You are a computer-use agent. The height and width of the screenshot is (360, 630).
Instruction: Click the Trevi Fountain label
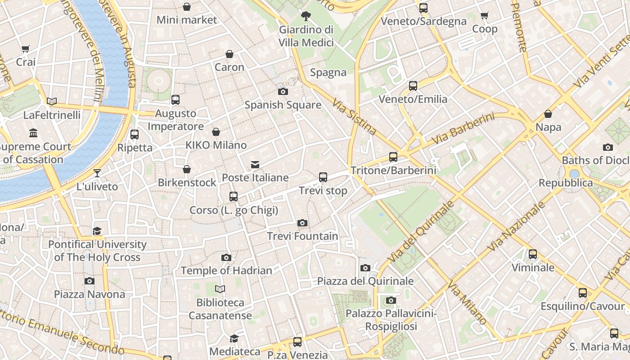(302, 236)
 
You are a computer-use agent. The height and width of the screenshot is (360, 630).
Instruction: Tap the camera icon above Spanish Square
(283, 92)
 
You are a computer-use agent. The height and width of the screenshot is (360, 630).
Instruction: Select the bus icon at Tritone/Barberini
(393, 157)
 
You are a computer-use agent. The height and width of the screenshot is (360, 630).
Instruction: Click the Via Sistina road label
(354, 117)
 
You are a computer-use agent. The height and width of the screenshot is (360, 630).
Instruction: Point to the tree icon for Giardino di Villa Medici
(306, 17)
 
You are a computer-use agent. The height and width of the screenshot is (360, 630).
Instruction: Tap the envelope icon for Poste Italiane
(255, 165)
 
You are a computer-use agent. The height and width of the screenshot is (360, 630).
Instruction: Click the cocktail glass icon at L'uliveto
(97, 173)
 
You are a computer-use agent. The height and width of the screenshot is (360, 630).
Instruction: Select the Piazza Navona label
(90, 294)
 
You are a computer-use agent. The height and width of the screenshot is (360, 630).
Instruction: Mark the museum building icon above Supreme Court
(33, 133)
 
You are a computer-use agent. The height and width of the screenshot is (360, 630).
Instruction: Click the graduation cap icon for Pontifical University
(97, 231)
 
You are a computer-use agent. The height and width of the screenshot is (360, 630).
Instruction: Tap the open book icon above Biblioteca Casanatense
(220, 289)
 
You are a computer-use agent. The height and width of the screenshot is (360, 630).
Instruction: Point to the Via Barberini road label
(463, 129)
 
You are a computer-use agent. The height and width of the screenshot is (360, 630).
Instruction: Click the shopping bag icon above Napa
(548, 114)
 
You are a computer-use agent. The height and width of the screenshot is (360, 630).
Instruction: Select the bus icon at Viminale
(533, 254)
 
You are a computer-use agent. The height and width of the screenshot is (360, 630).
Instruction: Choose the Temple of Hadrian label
(226, 270)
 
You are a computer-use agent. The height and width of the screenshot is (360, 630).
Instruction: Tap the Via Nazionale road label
(516, 226)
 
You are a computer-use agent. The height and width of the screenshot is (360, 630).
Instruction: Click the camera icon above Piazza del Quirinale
(365, 268)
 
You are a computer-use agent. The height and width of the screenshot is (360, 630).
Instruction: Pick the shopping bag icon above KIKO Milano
(216, 132)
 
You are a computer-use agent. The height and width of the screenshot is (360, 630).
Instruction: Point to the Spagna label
(328, 72)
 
